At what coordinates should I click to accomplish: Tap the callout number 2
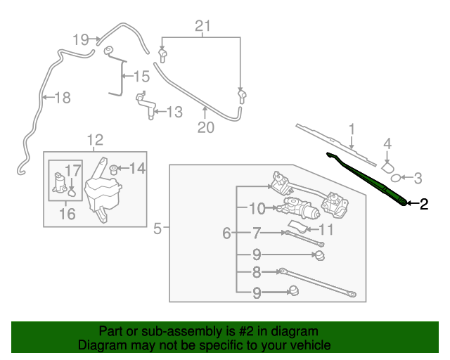(423, 205)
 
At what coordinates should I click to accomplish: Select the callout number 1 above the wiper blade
(352, 129)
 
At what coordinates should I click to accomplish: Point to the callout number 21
(202, 27)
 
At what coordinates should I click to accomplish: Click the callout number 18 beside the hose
(63, 98)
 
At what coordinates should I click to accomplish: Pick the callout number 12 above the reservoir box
(95, 139)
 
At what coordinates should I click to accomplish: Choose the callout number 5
(157, 228)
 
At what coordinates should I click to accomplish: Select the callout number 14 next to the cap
(137, 168)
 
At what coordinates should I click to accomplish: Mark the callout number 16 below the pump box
(67, 214)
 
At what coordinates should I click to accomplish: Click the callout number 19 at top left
(81, 39)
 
